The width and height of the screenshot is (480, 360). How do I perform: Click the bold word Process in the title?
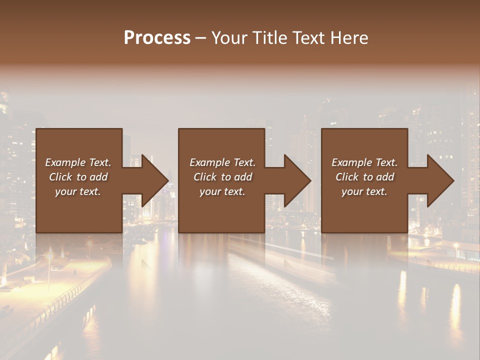(157, 38)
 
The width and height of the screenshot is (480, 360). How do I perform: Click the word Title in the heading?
(268, 38)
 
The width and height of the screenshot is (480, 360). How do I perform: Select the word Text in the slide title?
(308, 38)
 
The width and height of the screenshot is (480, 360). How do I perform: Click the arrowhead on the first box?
(152, 180)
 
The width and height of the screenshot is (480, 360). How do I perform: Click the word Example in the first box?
(65, 162)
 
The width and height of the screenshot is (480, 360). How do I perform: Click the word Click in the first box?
(60, 177)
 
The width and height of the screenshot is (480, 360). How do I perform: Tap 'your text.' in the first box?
(78, 191)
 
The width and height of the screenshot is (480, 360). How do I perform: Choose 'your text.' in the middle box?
(222, 191)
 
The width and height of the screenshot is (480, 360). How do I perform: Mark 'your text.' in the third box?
(364, 191)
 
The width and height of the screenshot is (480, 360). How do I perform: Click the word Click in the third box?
(347, 177)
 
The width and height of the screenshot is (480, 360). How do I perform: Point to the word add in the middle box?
(242, 177)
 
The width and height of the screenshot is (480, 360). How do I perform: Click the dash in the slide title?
(200, 38)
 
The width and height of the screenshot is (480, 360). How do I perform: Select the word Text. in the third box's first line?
(385, 162)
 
